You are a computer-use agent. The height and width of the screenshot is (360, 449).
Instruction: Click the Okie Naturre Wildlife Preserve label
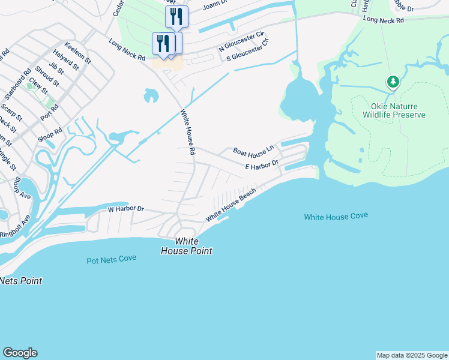click(394, 110)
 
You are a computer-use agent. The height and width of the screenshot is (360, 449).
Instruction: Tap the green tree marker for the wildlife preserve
click(393, 82)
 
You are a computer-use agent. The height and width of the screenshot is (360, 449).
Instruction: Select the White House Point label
click(186, 247)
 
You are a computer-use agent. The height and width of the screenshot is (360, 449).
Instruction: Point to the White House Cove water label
click(336, 216)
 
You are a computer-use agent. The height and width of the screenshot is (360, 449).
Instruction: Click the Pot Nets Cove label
click(111, 259)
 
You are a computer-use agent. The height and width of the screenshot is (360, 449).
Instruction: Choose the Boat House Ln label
click(253, 149)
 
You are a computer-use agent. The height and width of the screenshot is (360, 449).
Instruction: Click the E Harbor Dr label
click(262, 164)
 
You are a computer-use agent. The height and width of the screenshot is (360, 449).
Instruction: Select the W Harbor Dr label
click(126, 209)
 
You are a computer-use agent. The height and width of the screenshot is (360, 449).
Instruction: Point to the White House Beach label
click(231, 204)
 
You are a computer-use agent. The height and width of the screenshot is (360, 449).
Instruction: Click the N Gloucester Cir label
click(242, 41)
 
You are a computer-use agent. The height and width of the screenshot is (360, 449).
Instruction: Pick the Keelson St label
click(79, 53)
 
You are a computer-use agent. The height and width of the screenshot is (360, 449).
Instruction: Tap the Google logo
click(20, 353)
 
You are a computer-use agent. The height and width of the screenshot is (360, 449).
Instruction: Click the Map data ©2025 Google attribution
click(411, 355)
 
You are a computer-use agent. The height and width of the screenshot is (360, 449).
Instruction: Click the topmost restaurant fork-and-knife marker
click(176, 16)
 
